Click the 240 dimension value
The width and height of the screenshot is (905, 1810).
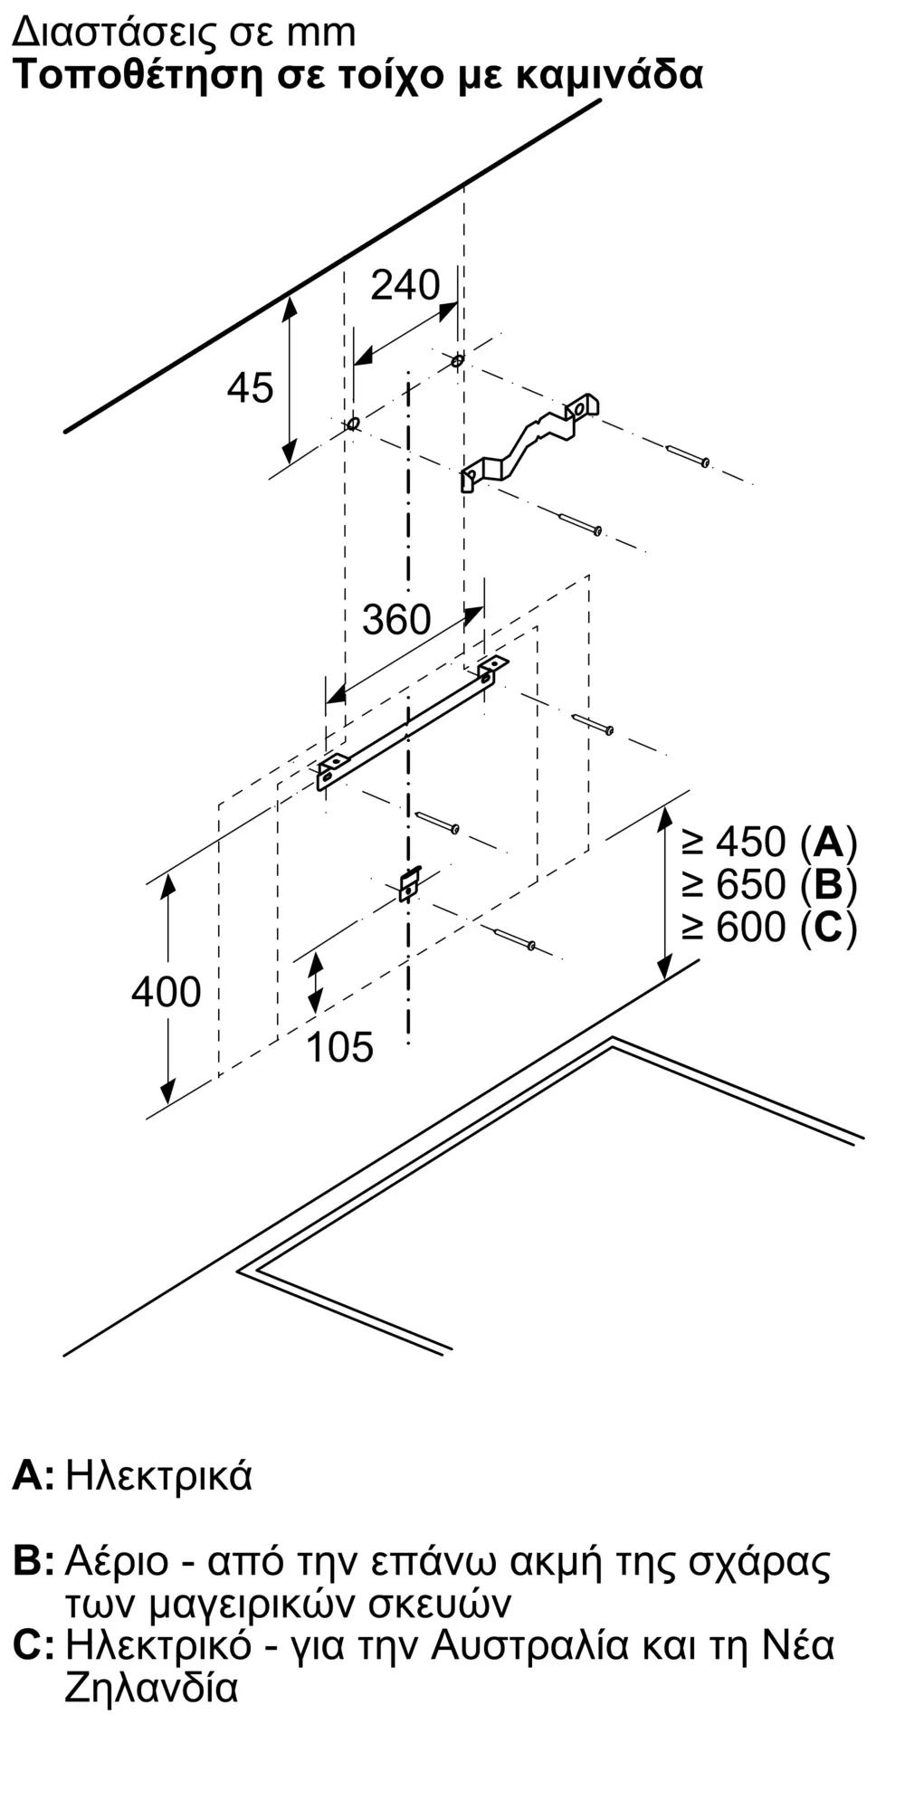[405, 286]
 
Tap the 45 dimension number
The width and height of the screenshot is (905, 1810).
[250, 388]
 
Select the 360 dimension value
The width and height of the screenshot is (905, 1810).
[396, 620]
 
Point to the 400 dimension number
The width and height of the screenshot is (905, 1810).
[166, 992]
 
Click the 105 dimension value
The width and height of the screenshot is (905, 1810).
[340, 1047]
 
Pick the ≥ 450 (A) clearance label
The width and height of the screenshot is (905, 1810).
[769, 843]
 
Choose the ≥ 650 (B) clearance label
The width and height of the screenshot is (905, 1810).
[769, 884]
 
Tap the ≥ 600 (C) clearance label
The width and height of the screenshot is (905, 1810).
[769, 927]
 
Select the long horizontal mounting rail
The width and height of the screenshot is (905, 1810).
[412, 724]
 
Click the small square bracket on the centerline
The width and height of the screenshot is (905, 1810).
[410, 883]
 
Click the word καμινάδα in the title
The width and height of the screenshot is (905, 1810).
[609, 75]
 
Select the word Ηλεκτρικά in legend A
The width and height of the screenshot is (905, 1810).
[159, 1475]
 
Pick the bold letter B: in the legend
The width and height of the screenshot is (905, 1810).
[34, 1561]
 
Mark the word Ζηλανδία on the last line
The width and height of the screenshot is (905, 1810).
[151, 1688]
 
